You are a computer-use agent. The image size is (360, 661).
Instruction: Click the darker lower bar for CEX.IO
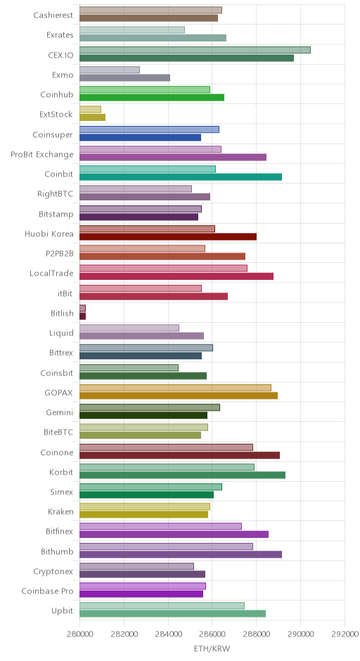pos(187,58)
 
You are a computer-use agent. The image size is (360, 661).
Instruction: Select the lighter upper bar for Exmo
pos(110,70)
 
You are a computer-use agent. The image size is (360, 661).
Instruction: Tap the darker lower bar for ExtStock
pos(92,117)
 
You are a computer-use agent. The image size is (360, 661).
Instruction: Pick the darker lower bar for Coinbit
pos(181,177)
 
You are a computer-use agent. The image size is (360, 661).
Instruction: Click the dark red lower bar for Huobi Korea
pos(168,237)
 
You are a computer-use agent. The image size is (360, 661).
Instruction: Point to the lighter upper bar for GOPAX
pos(175,388)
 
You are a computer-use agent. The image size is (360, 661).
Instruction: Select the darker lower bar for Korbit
pos(183,475)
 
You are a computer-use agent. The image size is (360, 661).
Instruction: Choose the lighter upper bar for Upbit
pos(162,605)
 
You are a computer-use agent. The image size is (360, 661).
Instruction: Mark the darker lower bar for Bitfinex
pos(174,534)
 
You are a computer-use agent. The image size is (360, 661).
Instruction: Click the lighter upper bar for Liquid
pos(129,328)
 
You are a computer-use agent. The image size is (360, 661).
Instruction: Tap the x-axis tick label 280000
pos(79,634)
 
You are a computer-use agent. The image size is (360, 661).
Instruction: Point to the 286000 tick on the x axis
pos(212,634)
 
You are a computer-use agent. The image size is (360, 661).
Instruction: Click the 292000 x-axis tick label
pos(345,634)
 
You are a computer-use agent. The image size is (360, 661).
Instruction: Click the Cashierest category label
pos(53,15)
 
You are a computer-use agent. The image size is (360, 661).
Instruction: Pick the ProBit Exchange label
pos(42,154)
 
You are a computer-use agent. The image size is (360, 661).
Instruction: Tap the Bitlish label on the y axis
pos(62,313)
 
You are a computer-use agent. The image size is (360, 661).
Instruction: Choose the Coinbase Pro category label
pos(47,591)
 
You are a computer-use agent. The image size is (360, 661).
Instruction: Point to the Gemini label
pos(60,412)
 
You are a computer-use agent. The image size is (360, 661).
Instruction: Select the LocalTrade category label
pos(51,273)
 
